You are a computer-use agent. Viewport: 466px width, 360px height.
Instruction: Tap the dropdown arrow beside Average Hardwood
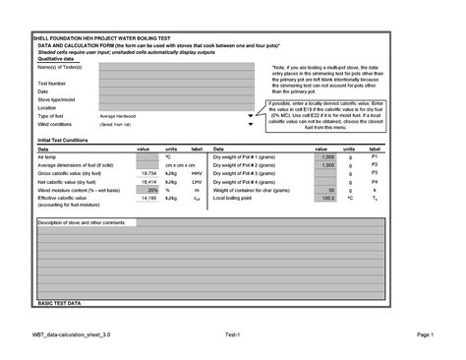(x=251, y=116)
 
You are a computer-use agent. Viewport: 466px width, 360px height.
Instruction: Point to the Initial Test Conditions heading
(x=64, y=141)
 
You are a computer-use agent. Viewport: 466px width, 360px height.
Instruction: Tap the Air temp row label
(x=47, y=156)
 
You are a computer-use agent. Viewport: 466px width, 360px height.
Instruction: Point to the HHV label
(x=196, y=172)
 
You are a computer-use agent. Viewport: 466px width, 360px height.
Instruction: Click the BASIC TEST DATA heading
(x=60, y=305)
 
